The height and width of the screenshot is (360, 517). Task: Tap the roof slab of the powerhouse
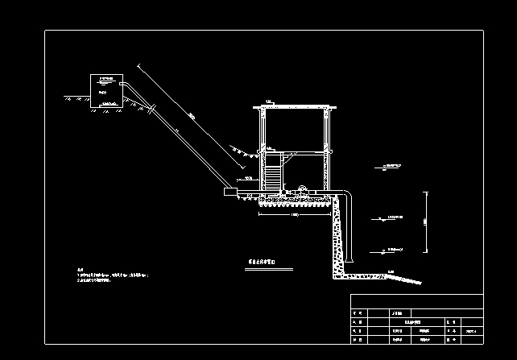(x=294, y=106)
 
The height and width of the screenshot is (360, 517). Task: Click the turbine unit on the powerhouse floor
(x=302, y=191)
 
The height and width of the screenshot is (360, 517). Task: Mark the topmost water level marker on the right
(x=393, y=167)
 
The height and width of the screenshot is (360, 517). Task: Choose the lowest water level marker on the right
(x=393, y=250)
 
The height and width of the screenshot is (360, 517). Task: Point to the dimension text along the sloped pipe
(x=191, y=118)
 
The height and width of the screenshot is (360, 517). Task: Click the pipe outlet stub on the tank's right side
(x=123, y=82)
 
